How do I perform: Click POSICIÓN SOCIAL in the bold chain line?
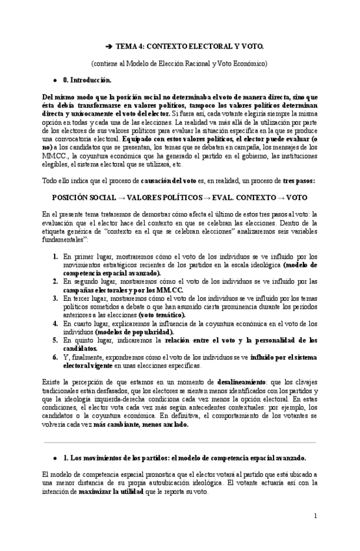click(84, 196)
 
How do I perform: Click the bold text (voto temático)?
click(162, 314)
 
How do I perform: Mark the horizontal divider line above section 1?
click(179, 442)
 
